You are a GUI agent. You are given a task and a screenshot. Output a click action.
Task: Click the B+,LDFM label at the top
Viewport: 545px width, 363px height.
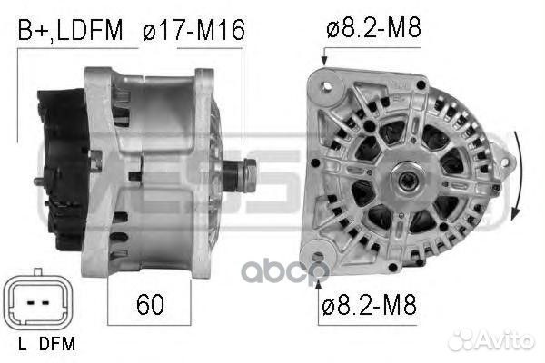click(70, 30)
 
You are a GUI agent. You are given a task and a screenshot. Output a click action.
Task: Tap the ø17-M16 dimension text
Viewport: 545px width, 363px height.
click(194, 30)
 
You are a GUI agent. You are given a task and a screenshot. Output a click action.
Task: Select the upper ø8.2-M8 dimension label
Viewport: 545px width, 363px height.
click(373, 27)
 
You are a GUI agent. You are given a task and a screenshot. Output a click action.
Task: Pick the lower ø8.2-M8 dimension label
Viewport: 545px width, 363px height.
click(369, 305)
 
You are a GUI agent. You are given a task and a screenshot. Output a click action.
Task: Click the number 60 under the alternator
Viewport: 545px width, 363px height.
click(150, 304)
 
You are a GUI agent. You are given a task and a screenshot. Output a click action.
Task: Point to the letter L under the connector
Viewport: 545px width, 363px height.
click(22, 344)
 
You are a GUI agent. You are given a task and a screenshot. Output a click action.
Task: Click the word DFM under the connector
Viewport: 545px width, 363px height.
click(57, 344)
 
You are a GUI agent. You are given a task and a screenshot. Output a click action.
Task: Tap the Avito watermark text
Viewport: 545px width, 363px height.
click(490, 339)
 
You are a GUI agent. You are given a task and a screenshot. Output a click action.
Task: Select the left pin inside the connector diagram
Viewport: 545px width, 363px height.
click(31, 303)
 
